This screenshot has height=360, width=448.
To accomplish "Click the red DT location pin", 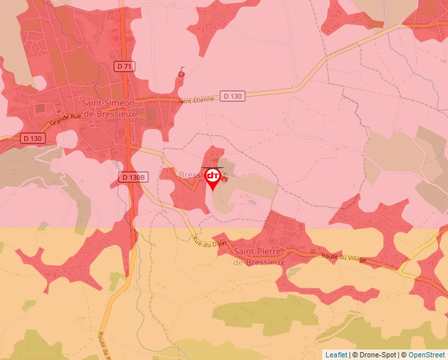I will pyautogui.click(x=213, y=178).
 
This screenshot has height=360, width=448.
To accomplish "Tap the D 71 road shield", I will pyautogui.click(x=123, y=66).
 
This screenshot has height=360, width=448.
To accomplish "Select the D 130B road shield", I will pyautogui.click(x=132, y=177).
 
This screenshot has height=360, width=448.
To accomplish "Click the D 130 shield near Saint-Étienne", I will pyautogui.click(x=233, y=96).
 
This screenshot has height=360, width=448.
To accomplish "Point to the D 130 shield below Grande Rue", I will pyautogui.click(x=32, y=138).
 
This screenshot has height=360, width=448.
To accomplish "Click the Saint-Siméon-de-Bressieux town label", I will pyautogui.click(x=109, y=108).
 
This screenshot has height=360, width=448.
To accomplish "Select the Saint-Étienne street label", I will pyautogui.click(x=196, y=100).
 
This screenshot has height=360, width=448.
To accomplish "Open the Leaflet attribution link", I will pyautogui.click(x=336, y=355).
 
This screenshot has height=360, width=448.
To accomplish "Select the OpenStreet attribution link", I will pyautogui.click(x=426, y=355).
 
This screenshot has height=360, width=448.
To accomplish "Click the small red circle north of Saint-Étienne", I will pyautogui.click(x=181, y=75).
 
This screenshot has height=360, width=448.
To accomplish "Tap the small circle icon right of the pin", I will pyautogui.click(x=225, y=178).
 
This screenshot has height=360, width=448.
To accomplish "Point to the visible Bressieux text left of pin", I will pyautogui.click(x=192, y=175).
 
